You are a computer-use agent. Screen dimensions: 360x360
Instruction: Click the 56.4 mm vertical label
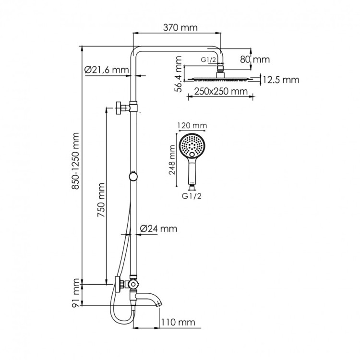(178, 74)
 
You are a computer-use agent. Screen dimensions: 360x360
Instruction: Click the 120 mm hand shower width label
(192, 126)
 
